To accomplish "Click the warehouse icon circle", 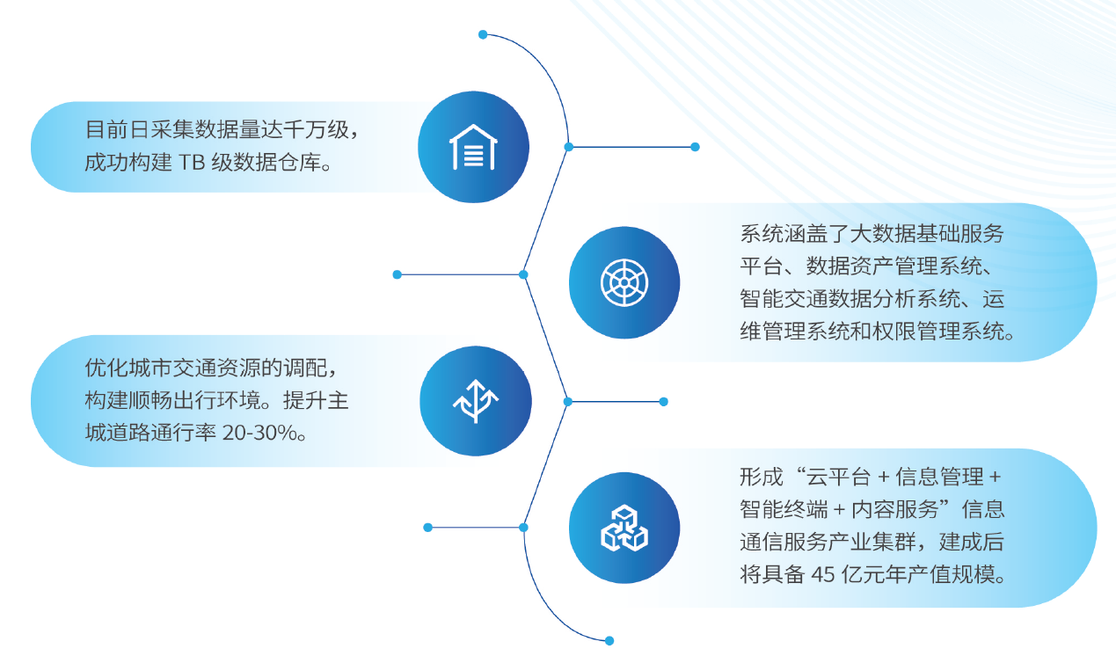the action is coord(473,147).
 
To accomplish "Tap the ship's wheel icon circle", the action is coord(624,282).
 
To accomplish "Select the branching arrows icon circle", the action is coord(475,401).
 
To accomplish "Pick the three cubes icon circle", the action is coord(624,528).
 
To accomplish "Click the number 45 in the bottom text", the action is coord(822,574).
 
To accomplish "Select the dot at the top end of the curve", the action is coord(483,34).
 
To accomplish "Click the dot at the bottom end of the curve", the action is coord(609,641).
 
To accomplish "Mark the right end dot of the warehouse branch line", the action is coord(695,147).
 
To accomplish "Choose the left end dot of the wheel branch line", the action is coord(398,274).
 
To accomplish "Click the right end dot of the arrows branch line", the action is coord(664,402).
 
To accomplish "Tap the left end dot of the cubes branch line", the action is coord(428,528).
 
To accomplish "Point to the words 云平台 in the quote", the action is coord(838,478).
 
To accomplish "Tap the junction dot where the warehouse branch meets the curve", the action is coord(569,147).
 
